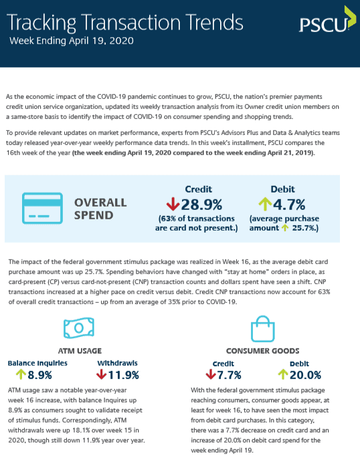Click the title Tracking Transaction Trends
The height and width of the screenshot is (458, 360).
tap(124, 23)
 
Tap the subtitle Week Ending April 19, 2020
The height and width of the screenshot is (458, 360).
tap(72, 41)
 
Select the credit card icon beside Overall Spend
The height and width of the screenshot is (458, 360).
tap(42, 208)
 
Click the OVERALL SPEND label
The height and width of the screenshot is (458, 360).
tap(100, 209)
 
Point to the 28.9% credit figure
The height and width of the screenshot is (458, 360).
tap(201, 205)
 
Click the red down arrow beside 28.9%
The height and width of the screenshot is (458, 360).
tap(173, 204)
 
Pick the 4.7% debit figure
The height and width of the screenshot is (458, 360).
tap(289, 205)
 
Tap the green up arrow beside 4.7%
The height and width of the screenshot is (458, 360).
tap(265, 204)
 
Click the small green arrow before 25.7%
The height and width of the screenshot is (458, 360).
tap(285, 228)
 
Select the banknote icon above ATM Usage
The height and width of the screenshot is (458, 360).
tap(79, 328)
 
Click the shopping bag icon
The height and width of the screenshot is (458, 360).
tap(263, 329)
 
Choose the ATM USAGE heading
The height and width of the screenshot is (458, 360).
tap(80, 351)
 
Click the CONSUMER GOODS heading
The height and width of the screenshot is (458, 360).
tap(263, 351)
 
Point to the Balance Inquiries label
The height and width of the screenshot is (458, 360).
tap(37, 363)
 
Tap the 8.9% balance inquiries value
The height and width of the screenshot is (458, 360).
tap(39, 375)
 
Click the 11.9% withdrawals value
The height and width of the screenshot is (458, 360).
tap(124, 375)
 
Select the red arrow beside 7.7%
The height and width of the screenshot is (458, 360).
tap(211, 374)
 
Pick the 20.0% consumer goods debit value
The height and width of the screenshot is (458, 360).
tap(305, 375)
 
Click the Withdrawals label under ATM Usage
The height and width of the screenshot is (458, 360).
tap(118, 363)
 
